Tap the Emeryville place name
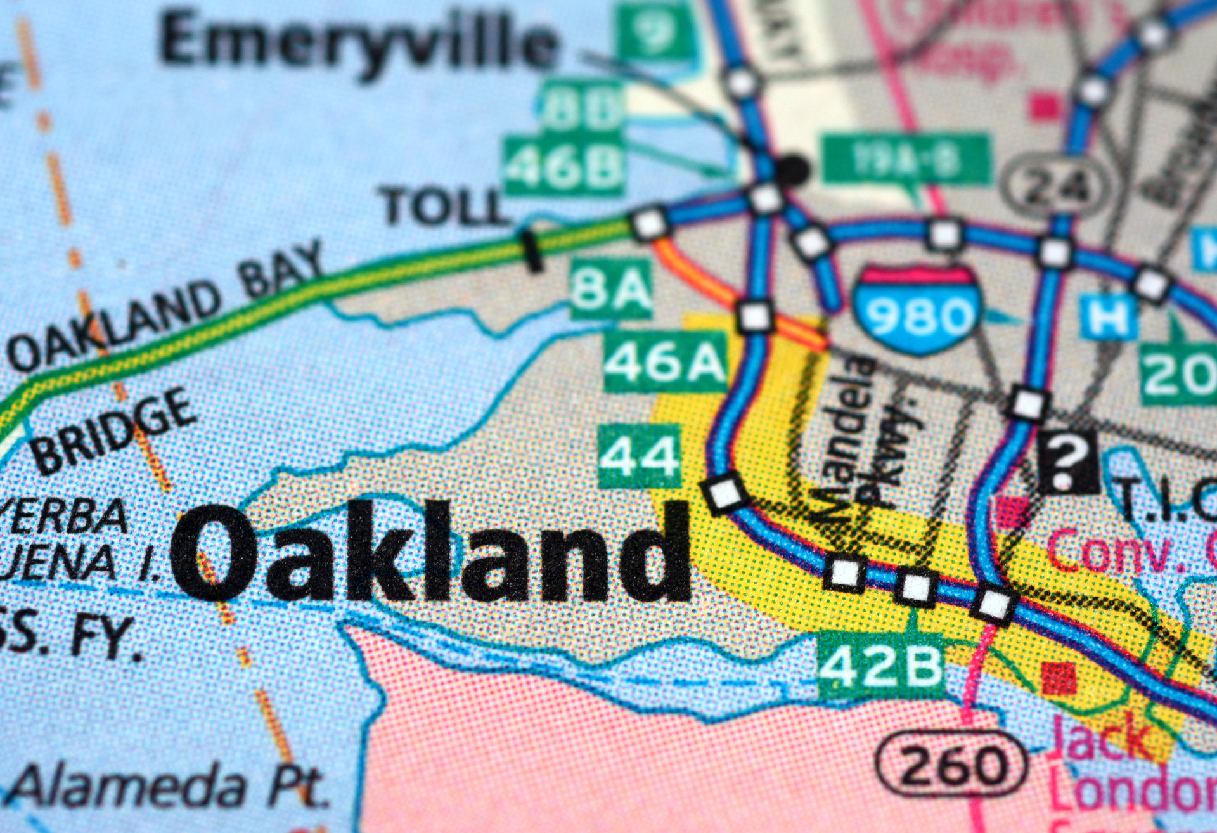(359, 42)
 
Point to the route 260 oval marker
(951, 766)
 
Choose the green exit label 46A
(664, 362)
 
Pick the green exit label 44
(640, 456)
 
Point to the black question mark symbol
(1067, 462)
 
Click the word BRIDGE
(114, 431)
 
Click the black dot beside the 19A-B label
(792, 169)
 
